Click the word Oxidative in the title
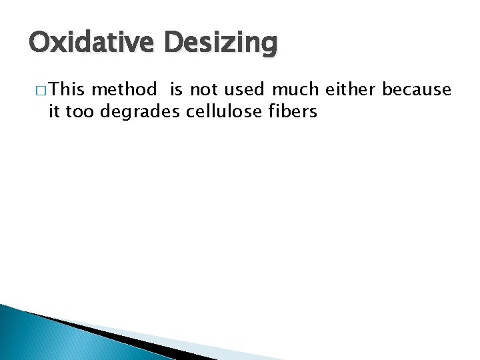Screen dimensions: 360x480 (x=92, y=43)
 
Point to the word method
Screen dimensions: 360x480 (x=125, y=89)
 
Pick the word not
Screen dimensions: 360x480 (x=204, y=89)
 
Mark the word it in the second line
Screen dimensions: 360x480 (x=54, y=111)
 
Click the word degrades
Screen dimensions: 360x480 (x=140, y=112)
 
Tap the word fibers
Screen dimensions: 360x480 (x=292, y=111)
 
